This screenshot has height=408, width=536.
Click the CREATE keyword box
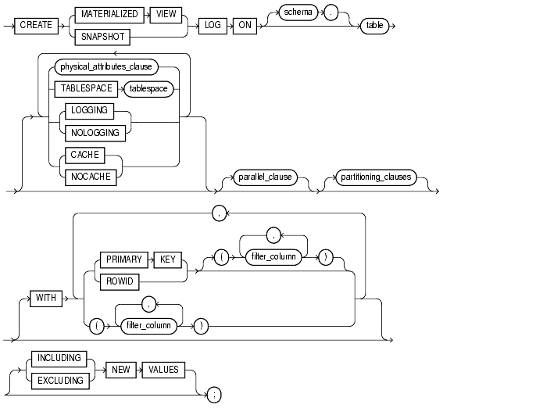(x=36, y=25)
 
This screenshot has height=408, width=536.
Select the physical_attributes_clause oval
(x=116, y=68)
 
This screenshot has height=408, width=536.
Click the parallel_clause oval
(x=266, y=177)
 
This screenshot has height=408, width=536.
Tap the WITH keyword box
(x=46, y=298)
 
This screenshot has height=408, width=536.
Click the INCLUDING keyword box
(x=59, y=358)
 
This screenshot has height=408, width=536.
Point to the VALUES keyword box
(x=164, y=368)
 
